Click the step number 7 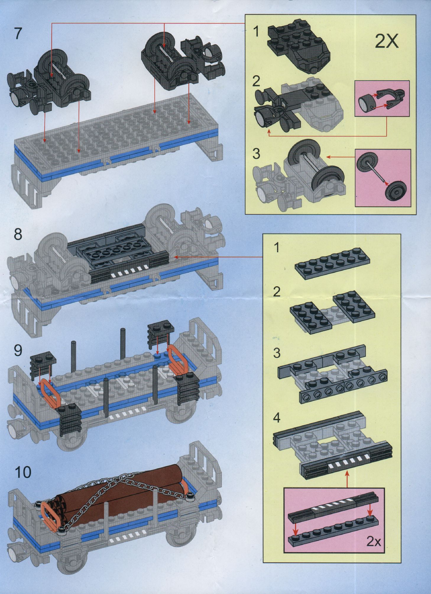pos(18,34)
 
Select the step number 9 pos(18,351)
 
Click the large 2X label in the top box pos(387,42)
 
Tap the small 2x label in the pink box pos(373,542)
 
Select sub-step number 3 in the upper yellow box pos(256,154)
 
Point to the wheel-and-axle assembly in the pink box pos(380,177)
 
